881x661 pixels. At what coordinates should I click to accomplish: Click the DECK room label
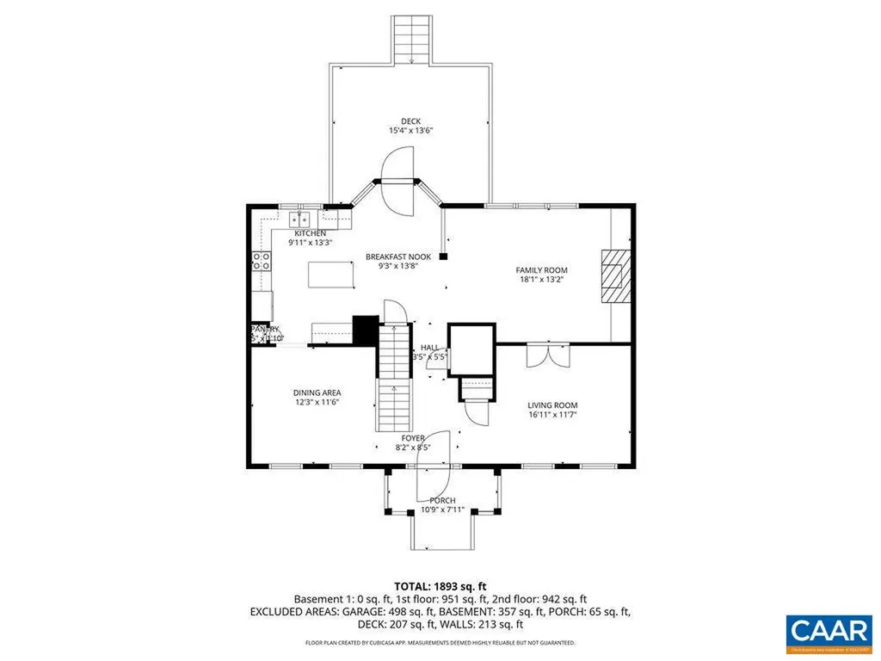410,121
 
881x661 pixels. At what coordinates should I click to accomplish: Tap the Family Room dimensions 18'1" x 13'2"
541,280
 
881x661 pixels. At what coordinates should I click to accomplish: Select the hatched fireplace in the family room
615,274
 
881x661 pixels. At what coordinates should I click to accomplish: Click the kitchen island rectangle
331,275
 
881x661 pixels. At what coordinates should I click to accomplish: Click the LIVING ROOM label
552,405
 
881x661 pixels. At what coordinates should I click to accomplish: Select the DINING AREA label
317,392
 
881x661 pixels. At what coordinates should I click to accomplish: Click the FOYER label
413,438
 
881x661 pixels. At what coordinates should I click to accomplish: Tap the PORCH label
442,500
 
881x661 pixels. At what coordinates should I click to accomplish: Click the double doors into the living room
547,355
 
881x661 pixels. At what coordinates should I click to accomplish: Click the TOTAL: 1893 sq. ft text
440,586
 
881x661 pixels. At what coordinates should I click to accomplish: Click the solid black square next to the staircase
366,330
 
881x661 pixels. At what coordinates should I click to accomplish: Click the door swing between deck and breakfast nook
397,180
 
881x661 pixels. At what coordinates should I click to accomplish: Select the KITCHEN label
310,233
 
